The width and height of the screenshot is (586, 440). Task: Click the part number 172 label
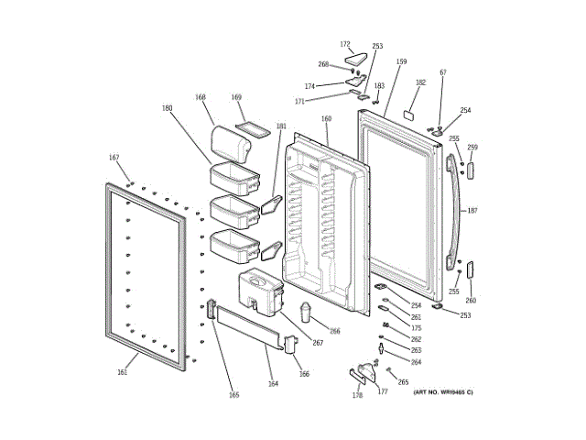pos(345,44)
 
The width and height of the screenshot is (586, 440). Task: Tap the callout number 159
pos(401,61)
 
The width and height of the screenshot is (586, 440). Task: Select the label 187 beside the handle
pos(472,211)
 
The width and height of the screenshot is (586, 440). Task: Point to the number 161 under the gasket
pos(123,372)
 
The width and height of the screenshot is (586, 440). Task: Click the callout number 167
pos(114,158)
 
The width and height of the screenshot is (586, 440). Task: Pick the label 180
pos(167,108)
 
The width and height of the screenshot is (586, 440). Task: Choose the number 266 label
pos(334,331)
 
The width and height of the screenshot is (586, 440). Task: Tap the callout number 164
pos(273,383)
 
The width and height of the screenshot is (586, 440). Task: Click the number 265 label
pos(403,381)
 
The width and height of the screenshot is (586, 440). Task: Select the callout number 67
pos(443,71)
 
